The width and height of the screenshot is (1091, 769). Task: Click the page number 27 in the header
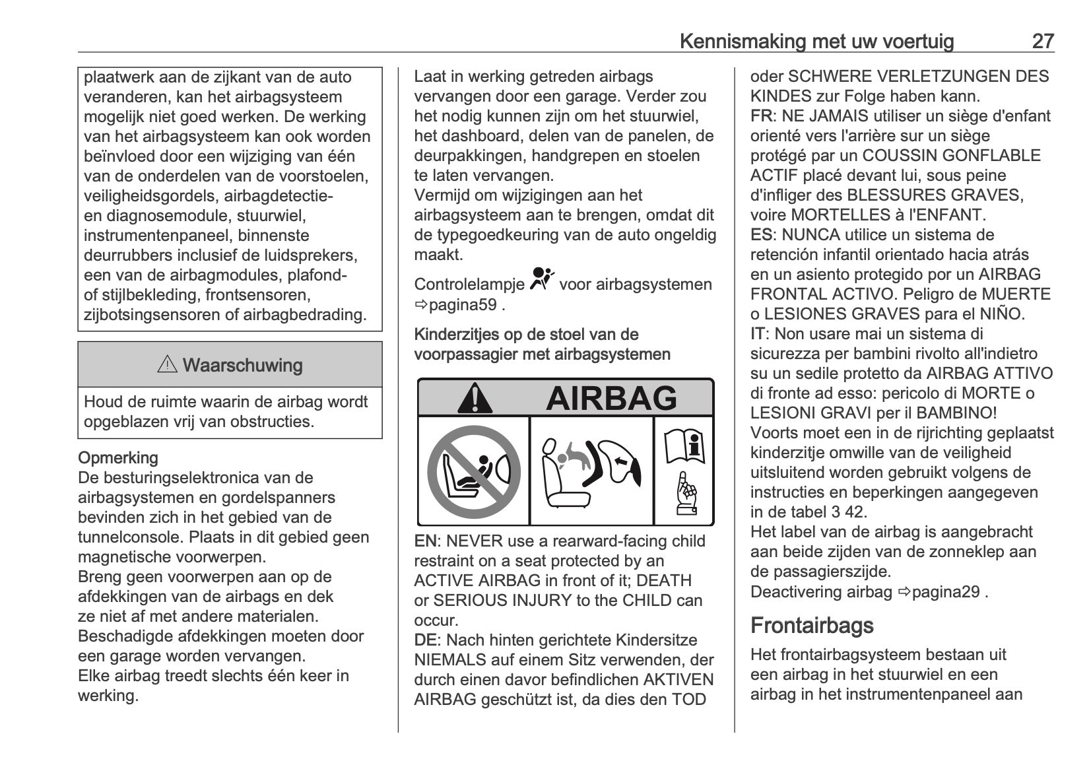click(x=1043, y=42)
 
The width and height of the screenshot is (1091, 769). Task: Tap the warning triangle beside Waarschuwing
click(x=167, y=364)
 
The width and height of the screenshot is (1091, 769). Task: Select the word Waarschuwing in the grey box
click(x=242, y=365)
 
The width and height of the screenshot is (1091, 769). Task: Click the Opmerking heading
click(x=118, y=458)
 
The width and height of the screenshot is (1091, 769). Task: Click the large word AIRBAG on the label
click(x=611, y=398)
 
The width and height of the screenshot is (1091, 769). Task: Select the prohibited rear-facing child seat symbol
click(x=473, y=472)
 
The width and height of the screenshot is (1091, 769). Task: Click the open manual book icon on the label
click(x=684, y=446)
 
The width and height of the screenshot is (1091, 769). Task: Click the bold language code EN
click(x=426, y=541)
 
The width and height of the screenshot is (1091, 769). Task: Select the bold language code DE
click(x=426, y=640)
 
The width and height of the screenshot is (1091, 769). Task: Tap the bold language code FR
click(x=762, y=116)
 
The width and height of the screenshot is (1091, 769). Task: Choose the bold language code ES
click(x=762, y=235)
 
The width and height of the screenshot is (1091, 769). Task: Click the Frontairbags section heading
click(x=812, y=625)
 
